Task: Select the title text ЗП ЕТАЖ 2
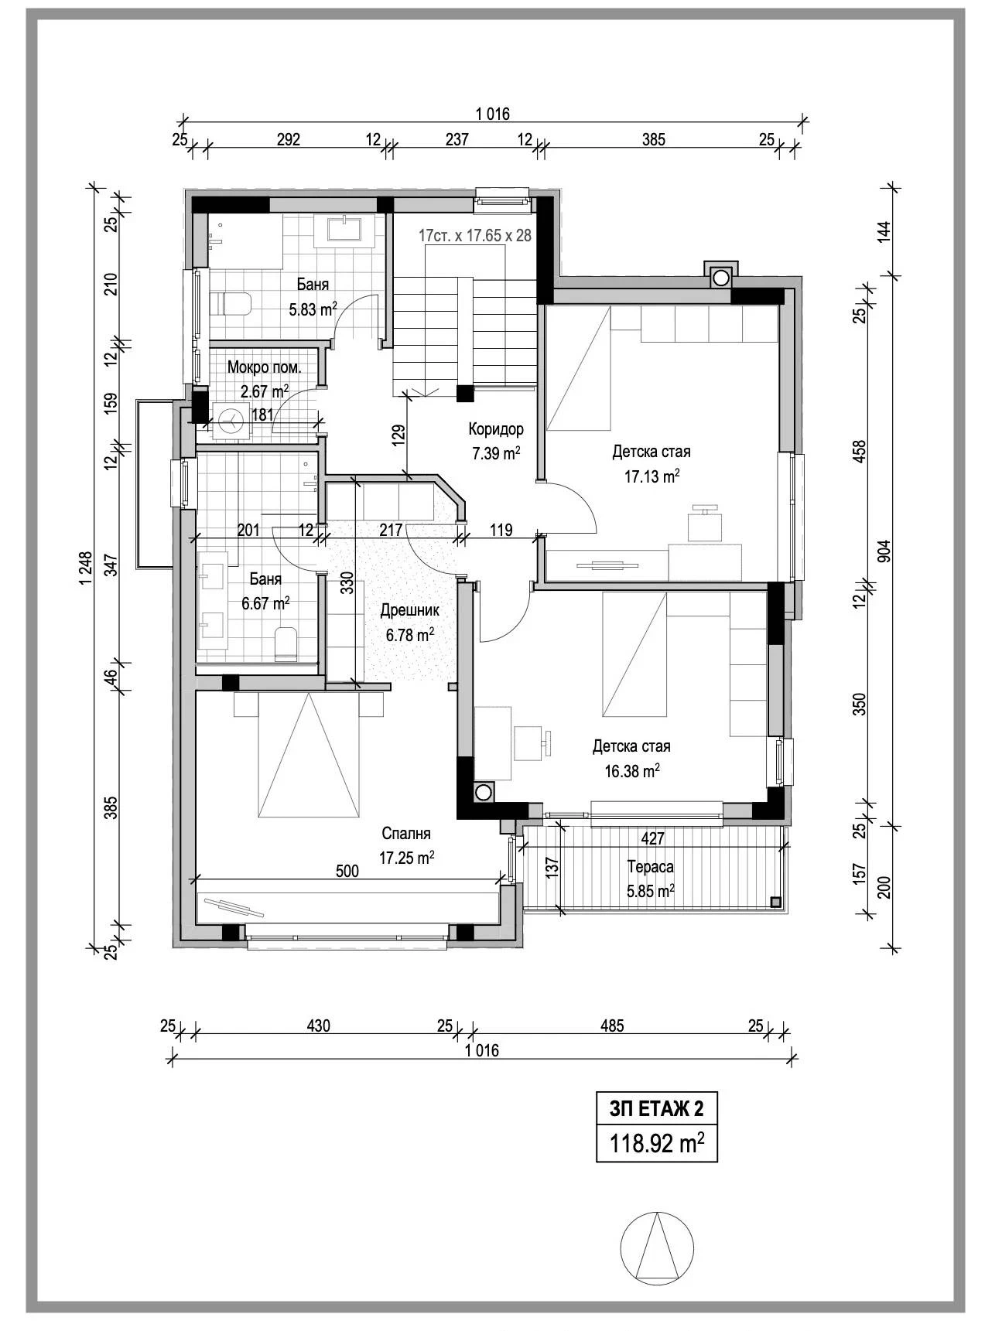pyautogui.click(x=656, y=1109)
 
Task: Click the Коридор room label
pyautogui.click(x=496, y=429)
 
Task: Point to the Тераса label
pyautogui.click(x=650, y=867)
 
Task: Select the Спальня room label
pyautogui.click(x=406, y=834)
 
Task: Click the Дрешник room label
pyautogui.click(x=409, y=610)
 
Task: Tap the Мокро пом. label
pyautogui.click(x=264, y=367)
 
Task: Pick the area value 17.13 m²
pyautogui.click(x=652, y=476)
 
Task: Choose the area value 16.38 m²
pyautogui.click(x=631, y=770)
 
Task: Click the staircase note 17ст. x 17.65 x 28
pyautogui.click(x=475, y=235)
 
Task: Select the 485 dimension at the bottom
pyautogui.click(x=611, y=1026)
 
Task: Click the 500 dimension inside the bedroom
pyautogui.click(x=347, y=871)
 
